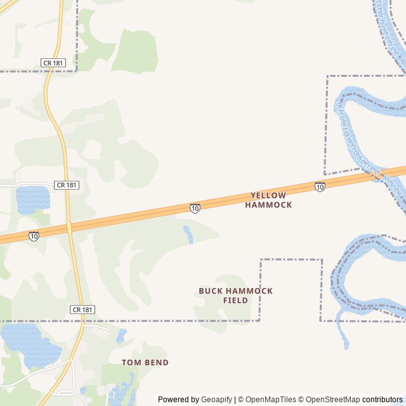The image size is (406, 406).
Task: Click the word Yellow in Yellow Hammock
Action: click(268, 195)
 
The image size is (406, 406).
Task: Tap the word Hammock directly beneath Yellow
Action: click(268, 205)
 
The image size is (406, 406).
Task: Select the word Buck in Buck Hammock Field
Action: click(212, 291)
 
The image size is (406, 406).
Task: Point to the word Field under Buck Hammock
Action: click(235, 301)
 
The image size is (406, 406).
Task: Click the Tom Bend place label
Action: click(145, 362)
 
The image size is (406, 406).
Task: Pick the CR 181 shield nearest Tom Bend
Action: click(82, 310)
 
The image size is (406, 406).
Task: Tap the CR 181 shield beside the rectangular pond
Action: click(66, 185)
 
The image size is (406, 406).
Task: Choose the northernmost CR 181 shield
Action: click(53, 63)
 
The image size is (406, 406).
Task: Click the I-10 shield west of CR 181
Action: click(34, 236)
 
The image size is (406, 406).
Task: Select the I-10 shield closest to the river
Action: click(320, 187)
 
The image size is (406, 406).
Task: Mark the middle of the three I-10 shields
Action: click(195, 208)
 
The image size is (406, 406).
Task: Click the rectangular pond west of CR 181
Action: click(32, 199)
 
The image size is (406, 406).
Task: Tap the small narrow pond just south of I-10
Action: click(188, 233)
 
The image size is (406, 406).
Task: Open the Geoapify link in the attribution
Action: click(216, 400)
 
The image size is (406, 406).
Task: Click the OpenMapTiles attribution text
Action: click(270, 400)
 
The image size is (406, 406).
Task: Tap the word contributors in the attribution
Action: click(383, 400)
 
